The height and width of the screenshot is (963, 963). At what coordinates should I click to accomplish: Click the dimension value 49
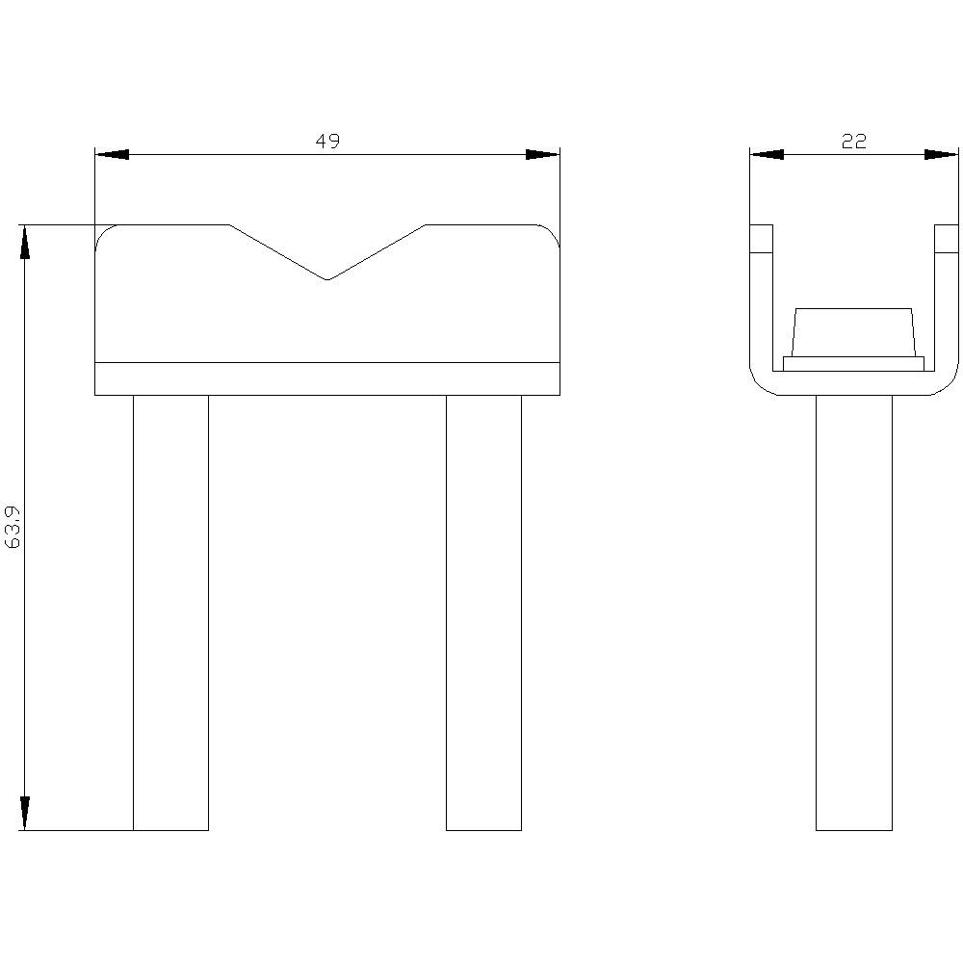[327, 142]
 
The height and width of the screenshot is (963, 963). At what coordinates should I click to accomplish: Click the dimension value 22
[853, 142]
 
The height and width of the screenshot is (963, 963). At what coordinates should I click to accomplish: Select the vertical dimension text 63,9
[13, 527]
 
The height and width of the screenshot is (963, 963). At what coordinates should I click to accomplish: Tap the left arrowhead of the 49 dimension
[112, 155]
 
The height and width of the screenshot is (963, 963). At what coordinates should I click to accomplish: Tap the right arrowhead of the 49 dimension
[543, 155]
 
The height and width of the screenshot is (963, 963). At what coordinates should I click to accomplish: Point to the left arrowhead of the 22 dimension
[768, 155]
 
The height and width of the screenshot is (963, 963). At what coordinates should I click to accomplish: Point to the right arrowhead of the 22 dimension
[941, 155]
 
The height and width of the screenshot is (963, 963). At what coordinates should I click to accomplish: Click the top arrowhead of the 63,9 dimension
[25, 243]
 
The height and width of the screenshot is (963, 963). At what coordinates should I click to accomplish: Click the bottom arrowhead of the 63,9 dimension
[25, 813]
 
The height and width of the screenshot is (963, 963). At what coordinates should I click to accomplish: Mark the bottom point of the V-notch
[327, 280]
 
